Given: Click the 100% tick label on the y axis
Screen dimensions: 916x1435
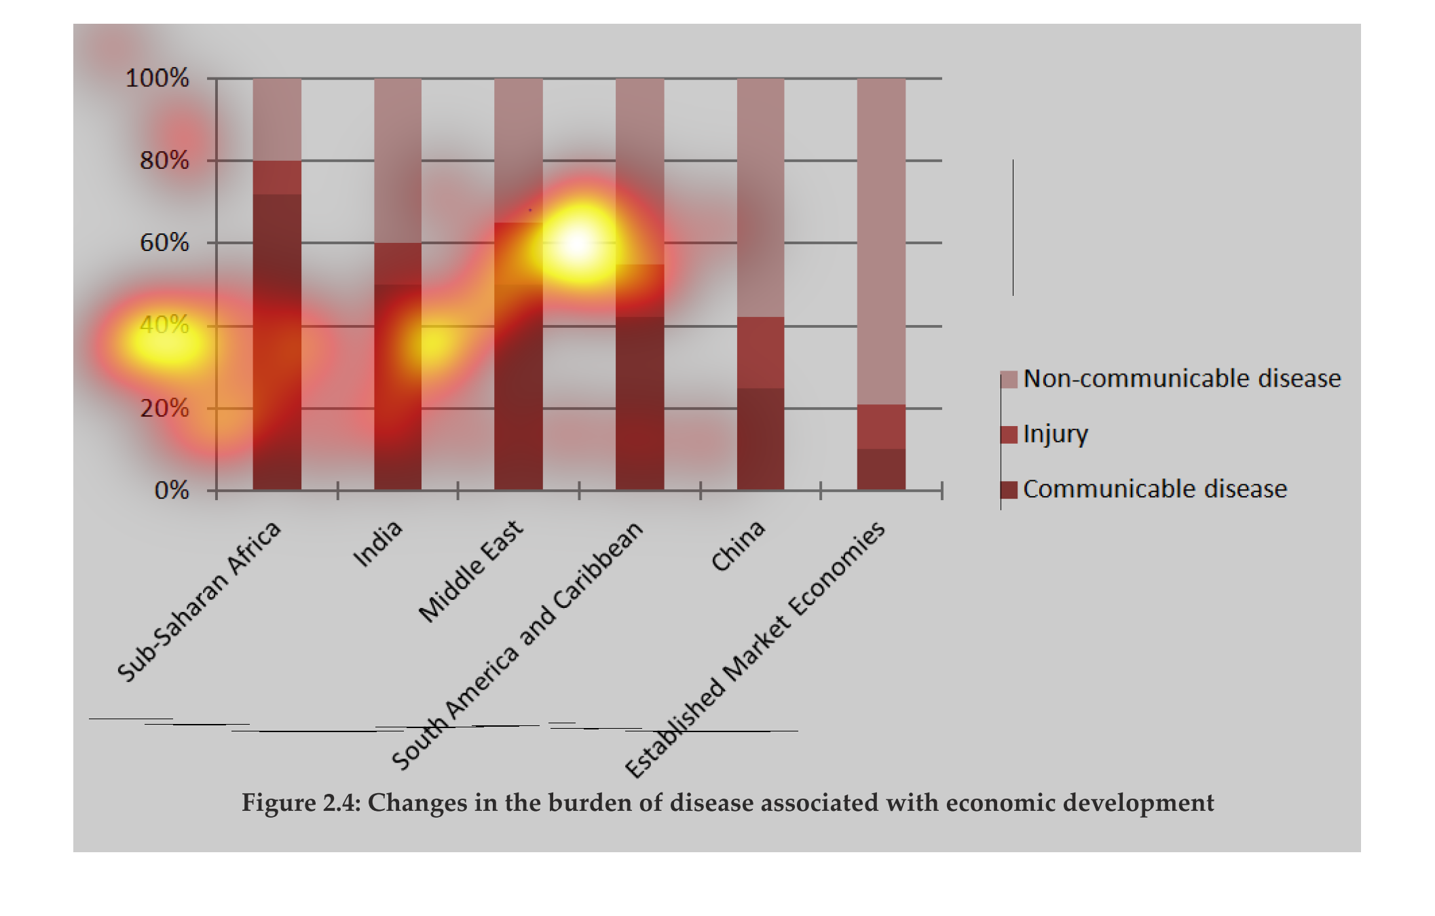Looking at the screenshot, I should click(157, 78).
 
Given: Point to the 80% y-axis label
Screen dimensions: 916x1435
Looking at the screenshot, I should click(164, 161).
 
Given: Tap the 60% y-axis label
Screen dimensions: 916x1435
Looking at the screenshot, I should click(164, 242).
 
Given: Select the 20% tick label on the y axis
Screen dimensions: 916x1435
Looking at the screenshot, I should click(164, 408).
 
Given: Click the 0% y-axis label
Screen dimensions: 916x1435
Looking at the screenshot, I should click(172, 490).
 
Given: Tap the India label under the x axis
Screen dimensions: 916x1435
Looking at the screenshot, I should click(378, 543).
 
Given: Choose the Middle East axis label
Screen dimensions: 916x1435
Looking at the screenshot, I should click(471, 571).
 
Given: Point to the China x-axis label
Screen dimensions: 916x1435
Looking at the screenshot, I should click(738, 546).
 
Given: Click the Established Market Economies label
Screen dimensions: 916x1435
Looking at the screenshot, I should click(755, 649).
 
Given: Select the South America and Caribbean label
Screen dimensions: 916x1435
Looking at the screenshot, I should click(517, 645).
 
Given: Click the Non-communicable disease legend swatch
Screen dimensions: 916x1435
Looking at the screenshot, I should click(1009, 379).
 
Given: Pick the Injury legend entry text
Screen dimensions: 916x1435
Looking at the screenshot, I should click(1055, 434).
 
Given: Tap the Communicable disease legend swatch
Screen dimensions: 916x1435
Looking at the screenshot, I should click(1009, 489).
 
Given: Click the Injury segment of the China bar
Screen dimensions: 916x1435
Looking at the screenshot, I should click(760, 352).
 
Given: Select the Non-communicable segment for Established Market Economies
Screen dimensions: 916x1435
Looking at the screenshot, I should click(881, 241).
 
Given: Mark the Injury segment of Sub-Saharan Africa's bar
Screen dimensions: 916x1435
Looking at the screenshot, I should click(277, 177).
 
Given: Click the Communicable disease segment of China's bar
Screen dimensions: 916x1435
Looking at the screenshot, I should click(760, 438).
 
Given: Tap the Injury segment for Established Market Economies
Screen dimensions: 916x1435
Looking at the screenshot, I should click(881, 426).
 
